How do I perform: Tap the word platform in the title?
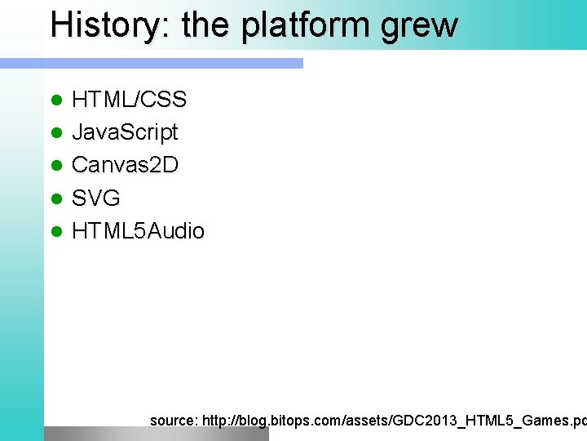[x=311, y=26]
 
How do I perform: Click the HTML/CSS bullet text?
[x=129, y=100]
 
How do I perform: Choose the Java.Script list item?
[x=125, y=133]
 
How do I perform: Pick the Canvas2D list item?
[x=125, y=165]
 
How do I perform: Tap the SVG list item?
[x=96, y=198]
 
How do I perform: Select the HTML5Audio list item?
[x=138, y=231]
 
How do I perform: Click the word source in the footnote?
[x=173, y=421]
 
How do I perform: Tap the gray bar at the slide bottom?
[x=155, y=434]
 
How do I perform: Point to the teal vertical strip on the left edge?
[x=21, y=245]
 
